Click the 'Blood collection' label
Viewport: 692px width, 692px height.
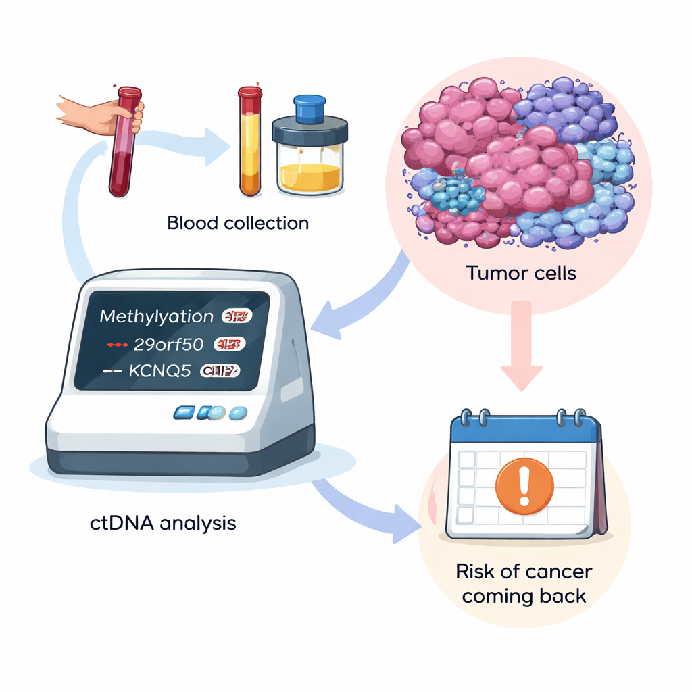(237, 223)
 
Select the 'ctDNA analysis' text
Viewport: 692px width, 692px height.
(163, 522)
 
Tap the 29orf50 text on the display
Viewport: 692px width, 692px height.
(168, 344)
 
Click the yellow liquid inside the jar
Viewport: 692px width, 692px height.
(310, 176)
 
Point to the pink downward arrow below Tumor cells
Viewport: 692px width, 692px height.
(521, 351)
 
